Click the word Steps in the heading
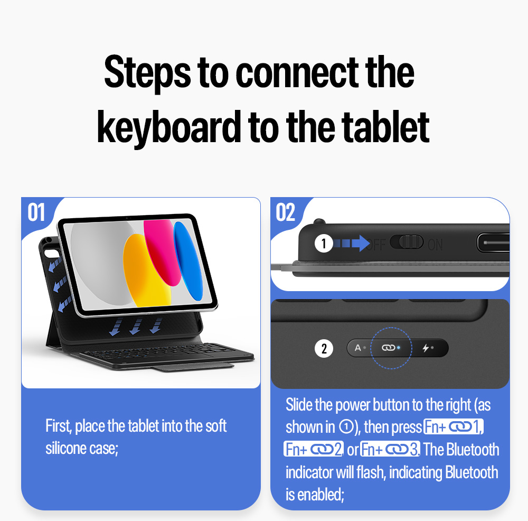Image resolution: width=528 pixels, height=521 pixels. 147,73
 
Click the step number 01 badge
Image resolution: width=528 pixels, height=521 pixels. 36,212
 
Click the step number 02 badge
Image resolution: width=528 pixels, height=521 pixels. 286,212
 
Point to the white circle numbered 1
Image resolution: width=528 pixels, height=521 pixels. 324,243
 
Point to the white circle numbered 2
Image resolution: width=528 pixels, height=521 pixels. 324,348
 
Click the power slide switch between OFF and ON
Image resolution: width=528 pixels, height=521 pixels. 407,242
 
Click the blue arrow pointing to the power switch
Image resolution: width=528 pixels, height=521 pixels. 352,243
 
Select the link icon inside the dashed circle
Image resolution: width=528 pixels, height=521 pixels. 388,348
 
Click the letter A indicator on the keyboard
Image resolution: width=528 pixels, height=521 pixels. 357,348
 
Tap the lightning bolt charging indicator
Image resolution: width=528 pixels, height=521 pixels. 426,348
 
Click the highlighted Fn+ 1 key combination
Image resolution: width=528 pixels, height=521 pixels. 453,426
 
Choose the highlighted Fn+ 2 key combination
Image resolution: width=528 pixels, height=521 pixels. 314,449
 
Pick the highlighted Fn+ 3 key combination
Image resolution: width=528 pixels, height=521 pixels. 390,449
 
